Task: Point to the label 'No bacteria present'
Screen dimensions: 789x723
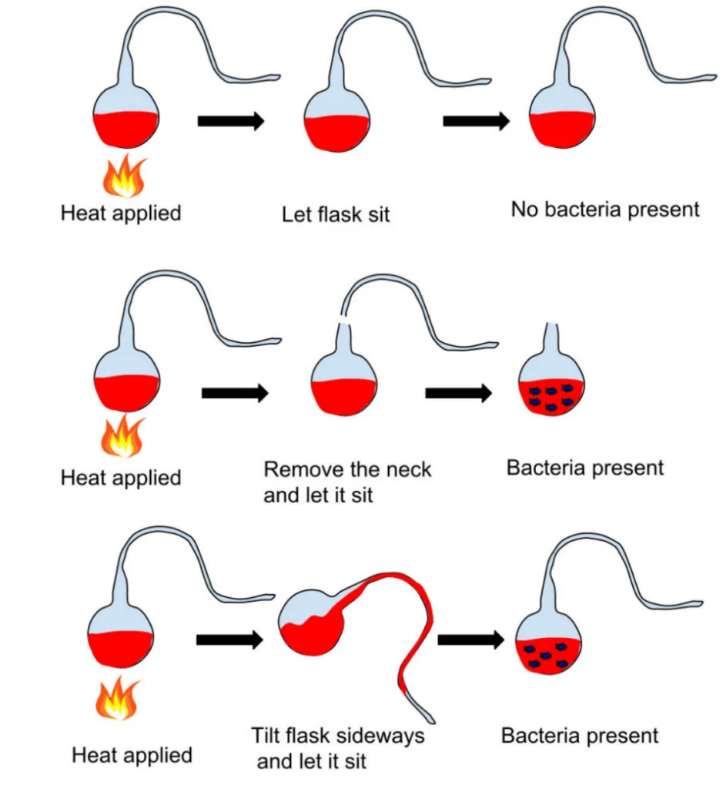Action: coord(605,209)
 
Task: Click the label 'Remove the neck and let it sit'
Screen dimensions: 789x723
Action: coord(347,482)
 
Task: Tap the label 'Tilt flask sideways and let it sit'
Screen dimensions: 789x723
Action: coord(338,747)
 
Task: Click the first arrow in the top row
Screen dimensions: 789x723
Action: coord(231,121)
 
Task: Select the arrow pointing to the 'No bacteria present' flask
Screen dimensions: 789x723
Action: coord(476,121)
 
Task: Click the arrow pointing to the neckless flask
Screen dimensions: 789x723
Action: coord(459,393)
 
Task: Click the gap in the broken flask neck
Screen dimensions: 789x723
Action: coord(345,317)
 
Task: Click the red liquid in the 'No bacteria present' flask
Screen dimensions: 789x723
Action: coord(564,129)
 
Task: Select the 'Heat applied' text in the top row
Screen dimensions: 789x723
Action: coord(120,213)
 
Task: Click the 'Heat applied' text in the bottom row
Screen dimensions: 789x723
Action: coord(132,754)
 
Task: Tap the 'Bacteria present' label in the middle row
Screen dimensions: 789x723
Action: coord(584,468)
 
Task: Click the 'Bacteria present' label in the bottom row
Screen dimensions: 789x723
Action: coord(580,735)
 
